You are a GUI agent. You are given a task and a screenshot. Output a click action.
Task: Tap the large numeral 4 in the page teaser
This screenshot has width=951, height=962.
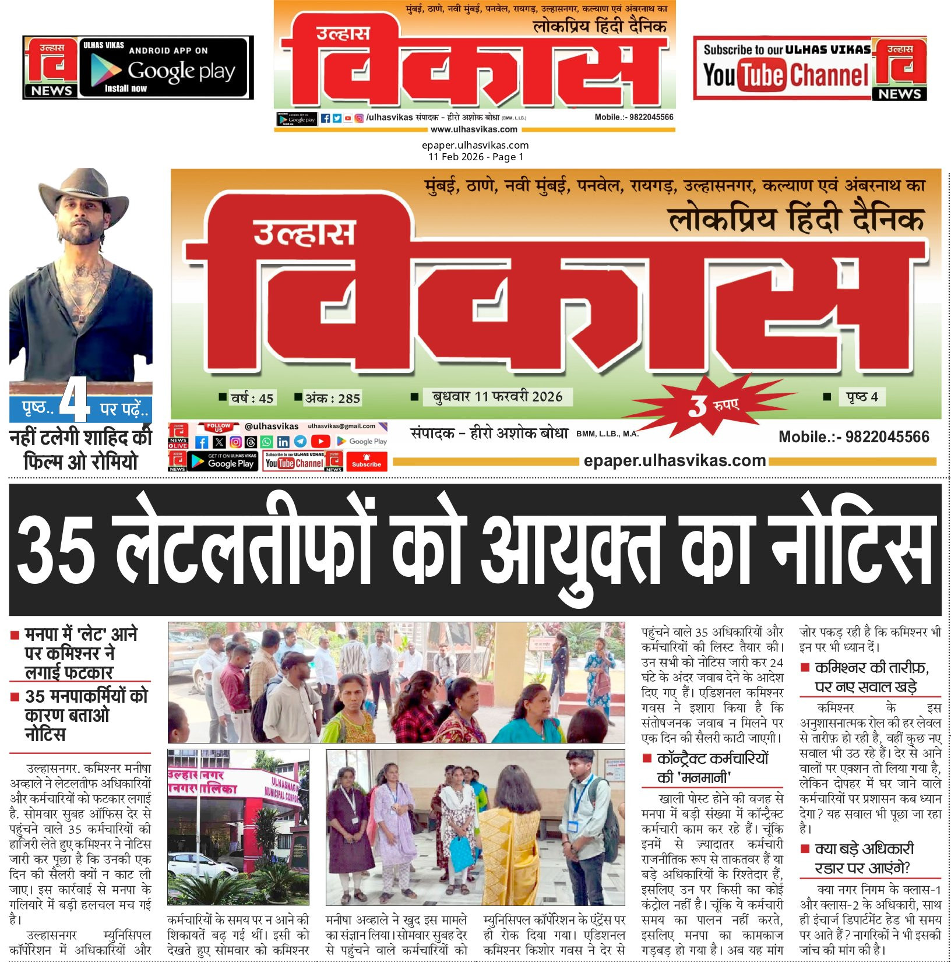[75, 400]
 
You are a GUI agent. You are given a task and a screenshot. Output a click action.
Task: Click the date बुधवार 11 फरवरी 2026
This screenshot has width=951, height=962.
[497, 397]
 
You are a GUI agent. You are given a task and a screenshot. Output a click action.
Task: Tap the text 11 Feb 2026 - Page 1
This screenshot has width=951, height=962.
[476, 157]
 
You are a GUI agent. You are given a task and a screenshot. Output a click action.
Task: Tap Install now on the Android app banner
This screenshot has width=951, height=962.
[126, 89]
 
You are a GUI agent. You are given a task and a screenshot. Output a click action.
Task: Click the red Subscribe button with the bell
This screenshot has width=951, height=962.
[366, 461]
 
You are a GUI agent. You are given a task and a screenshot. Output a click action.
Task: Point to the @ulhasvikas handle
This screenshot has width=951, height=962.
[272, 427]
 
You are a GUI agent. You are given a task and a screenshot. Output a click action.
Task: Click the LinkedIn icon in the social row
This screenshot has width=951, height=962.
[283, 442]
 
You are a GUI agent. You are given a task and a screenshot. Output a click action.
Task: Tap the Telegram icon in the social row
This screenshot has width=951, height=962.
[300, 442]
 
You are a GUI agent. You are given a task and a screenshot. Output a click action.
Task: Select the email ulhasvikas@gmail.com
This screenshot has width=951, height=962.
[341, 426]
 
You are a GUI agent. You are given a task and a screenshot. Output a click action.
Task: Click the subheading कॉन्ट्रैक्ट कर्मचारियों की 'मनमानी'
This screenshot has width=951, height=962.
[712, 767]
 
